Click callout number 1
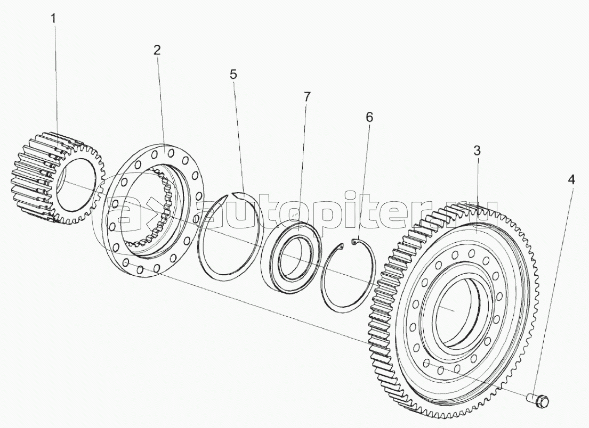54,19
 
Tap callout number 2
157,50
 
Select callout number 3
477,151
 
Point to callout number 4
571,180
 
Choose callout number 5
233,75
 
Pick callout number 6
369,118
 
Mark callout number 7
307,96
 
